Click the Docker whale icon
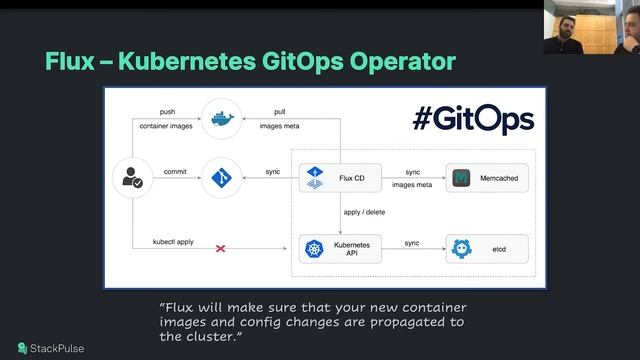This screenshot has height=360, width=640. point(220,118)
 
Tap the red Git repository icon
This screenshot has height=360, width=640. point(220,178)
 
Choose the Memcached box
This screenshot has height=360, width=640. point(487,178)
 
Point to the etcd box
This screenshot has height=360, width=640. point(487,248)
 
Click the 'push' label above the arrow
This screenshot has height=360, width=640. point(168,111)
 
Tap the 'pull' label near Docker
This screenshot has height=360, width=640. point(280,111)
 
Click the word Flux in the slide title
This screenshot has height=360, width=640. point(68,61)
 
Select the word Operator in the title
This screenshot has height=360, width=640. point(401,61)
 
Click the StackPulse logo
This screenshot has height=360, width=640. point(47,348)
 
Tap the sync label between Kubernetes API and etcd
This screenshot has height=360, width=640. point(412,242)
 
